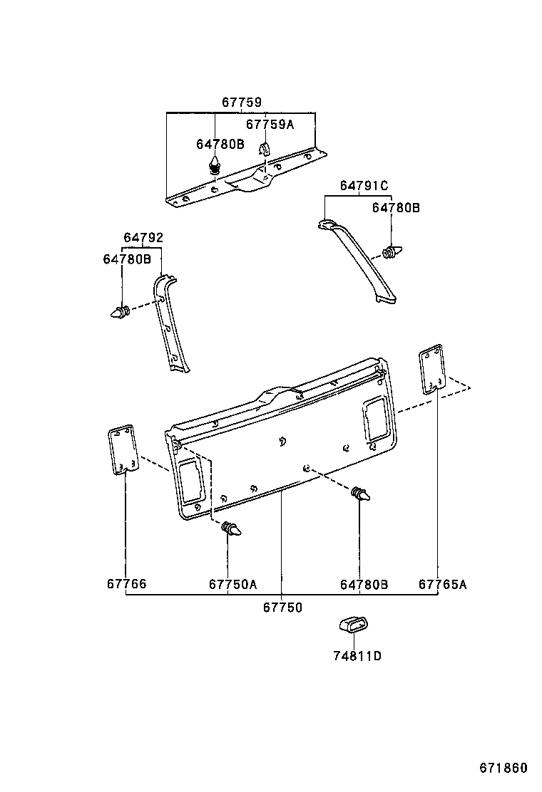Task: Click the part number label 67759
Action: click(241, 103)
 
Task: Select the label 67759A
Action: click(270, 125)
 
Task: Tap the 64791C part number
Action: click(364, 186)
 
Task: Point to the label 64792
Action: click(143, 238)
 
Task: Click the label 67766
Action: click(127, 584)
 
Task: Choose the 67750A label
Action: click(232, 584)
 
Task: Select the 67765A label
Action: click(442, 584)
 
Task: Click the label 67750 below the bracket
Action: click(282, 607)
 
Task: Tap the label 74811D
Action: click(357, 655)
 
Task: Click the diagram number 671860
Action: click(503, 768)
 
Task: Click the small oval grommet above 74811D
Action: click(352, 625)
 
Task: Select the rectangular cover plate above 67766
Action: click(122, 450)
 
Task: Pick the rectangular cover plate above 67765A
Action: click(431, 370)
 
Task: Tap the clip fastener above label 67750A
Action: click(232, 529)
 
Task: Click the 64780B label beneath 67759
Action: click(220, 144)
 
